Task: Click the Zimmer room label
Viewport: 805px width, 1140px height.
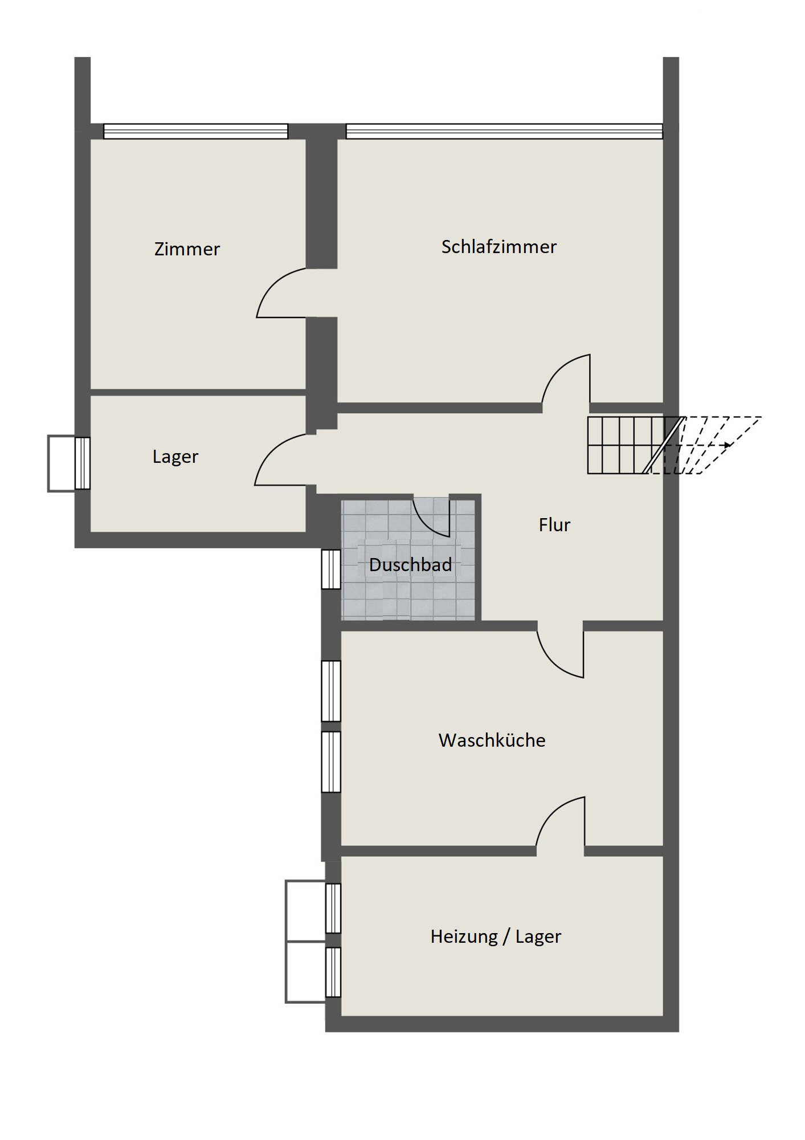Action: [x=187, y=249]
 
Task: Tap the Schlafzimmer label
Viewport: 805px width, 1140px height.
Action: [x=499, y=247]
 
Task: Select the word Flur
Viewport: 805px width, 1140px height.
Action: [x=554, y=524]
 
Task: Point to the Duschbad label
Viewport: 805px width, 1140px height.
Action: [x=410, y=565]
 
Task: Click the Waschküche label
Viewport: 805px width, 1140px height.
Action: [x=492, y=740]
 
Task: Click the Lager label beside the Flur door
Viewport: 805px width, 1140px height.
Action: [x=175, y=457]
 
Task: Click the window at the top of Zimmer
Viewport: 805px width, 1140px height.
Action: [x=195, y=131]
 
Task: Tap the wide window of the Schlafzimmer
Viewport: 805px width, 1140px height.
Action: [x=504, y=131]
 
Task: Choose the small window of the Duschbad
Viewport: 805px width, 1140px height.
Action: [x=331, y=569]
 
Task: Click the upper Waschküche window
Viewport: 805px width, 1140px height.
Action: [x=331, y=691]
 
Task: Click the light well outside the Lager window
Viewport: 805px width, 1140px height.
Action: [x=62, y=463]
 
